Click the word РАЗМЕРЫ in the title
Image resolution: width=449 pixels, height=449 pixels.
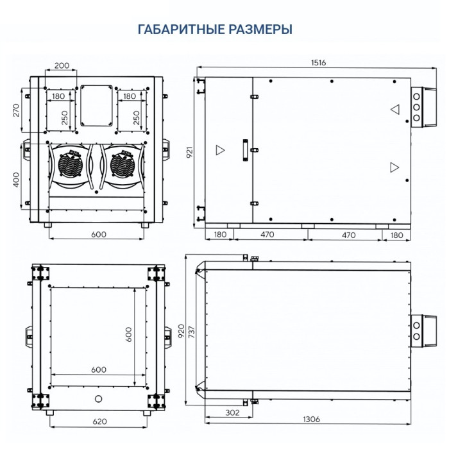pyautogui.click(x=261, y=30)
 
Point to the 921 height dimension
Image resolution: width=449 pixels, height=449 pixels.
pyautogui.click(x=191, y=151)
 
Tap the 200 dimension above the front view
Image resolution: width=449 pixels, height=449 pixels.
pyautogui.click(x=62, y=66)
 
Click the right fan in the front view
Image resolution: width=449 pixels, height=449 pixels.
pyautogui.click(x=123, y=164)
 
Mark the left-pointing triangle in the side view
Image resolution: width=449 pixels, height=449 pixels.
pyautogui.click(x=395, y=109)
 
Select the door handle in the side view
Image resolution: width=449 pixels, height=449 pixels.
pyautogui.click(x=244, y=148)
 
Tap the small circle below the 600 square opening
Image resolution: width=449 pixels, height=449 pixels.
pyautogui.click(x=97, y=399)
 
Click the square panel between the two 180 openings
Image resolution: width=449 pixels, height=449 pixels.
pyautogui.click(x=96, y=104)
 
